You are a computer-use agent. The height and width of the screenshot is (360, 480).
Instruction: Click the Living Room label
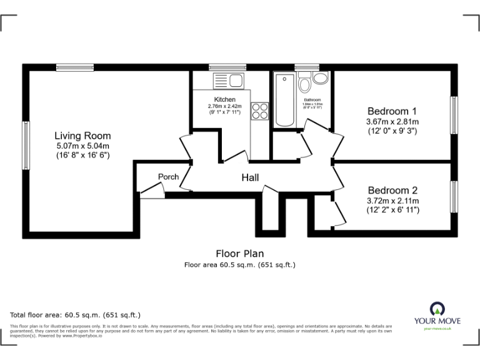coord(82,136)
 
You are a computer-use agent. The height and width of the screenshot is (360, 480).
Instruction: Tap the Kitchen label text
coord(224,99)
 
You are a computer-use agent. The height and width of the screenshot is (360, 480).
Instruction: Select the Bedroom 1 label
coord(392,111)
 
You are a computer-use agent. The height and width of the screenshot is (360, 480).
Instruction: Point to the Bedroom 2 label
coord(392,190)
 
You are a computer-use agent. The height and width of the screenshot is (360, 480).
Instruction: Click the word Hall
coord(251,178)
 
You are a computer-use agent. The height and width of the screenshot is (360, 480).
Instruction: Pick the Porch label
coord(168,177)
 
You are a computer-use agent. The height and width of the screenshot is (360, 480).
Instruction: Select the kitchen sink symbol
coord(228,81)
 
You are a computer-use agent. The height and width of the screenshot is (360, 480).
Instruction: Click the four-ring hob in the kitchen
coord(259,111)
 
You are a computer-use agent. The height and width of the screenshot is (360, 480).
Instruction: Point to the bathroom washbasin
coord(321,79)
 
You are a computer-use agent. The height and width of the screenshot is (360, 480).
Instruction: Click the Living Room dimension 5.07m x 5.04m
coord(82,146)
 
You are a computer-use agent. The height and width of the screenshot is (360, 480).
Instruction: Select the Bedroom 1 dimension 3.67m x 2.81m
coord(392,121)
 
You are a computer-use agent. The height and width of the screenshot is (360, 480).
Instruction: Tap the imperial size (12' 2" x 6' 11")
coord(392,210)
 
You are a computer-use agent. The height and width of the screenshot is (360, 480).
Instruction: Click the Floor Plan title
coord(239,254)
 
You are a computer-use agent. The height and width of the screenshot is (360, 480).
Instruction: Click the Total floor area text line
coord(76,314)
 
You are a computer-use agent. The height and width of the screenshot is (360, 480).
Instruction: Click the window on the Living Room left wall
coord(26,145)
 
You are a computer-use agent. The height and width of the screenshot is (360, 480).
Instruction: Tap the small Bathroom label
coord(312,101)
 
